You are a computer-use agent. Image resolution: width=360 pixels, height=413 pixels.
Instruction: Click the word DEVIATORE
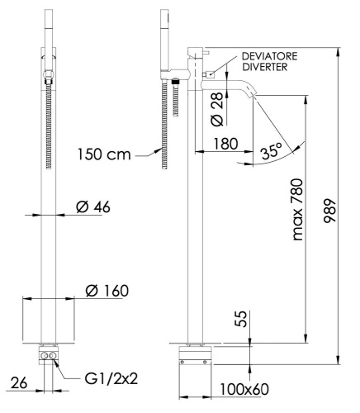pyautogui.click(x=270, y=55)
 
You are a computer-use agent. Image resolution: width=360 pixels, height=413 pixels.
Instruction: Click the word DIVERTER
pyautogui.click(x=264, y=68)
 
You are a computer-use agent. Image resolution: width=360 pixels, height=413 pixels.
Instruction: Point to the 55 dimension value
pyautogui.click(x=239, y=318)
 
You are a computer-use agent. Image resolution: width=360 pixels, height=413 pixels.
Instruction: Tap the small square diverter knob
pyautogui.click(x=210, y=74)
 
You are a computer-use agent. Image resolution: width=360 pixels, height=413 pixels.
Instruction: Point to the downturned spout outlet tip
pyautogui.click(x=253, y=97)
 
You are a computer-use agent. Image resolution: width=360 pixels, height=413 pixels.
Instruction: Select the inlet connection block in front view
pyautogui.click(x=49, y=356)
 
